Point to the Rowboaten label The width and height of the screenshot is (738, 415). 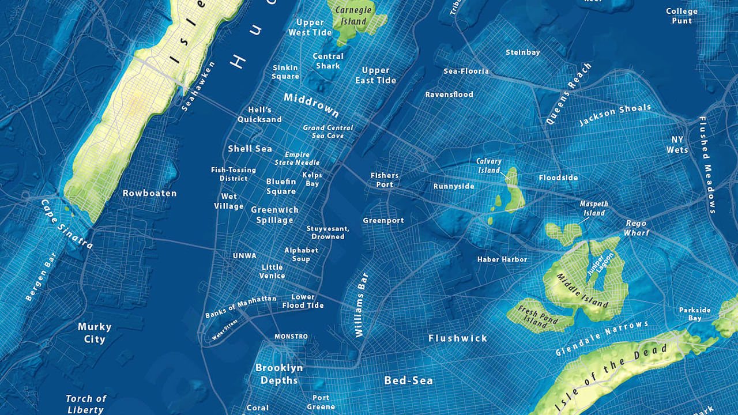(149, 193)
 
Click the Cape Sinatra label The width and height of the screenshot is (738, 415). (67, 224)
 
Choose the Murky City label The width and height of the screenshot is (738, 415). (95, 333)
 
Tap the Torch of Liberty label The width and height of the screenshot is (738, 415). (86, 404)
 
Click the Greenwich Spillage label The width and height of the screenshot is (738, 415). (274, 215)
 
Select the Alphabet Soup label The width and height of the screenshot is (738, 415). (301, 254)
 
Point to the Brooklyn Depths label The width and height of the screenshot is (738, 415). (279, 374)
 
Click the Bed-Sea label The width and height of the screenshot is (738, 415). (408, 380)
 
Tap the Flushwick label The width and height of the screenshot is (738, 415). (458, 338)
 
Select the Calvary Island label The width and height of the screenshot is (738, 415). (489, 165)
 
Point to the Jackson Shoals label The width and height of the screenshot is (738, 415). (615, 115)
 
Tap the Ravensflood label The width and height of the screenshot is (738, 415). (449, 94)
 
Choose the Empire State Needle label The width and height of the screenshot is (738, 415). (297, 159)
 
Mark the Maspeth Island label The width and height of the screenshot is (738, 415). (593, 208)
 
